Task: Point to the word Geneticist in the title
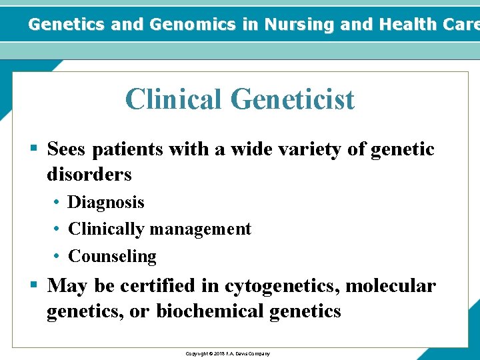click(293, 99)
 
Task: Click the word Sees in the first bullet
click(66, 149)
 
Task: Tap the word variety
click(291, 149)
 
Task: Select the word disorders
click(89, 175)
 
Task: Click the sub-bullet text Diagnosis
click(106, 202)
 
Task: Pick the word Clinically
click(106, 229)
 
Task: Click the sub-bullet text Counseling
click(112, 256)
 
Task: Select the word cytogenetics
click(281, 286)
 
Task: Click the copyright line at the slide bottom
click(227, 353)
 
